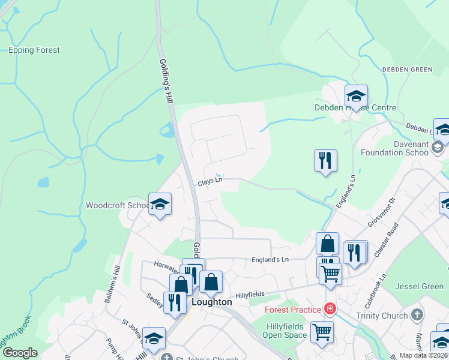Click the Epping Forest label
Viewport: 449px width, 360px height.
click(x=34, y=50)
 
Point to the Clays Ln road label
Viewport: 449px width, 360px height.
click(x=210, y=180)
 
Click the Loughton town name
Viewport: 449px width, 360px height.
click(x=211, y=302)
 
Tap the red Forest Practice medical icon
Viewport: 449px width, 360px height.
click(x=329, y=310)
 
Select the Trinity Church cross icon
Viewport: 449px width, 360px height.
click(x=418, y=315)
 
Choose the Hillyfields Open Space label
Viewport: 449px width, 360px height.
click(x=287, y=330)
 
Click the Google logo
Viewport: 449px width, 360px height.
click(x=20, y=353)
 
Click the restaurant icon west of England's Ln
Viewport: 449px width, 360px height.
click(x=325, y=160)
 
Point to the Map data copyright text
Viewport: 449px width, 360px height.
click(x=424, y=355)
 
